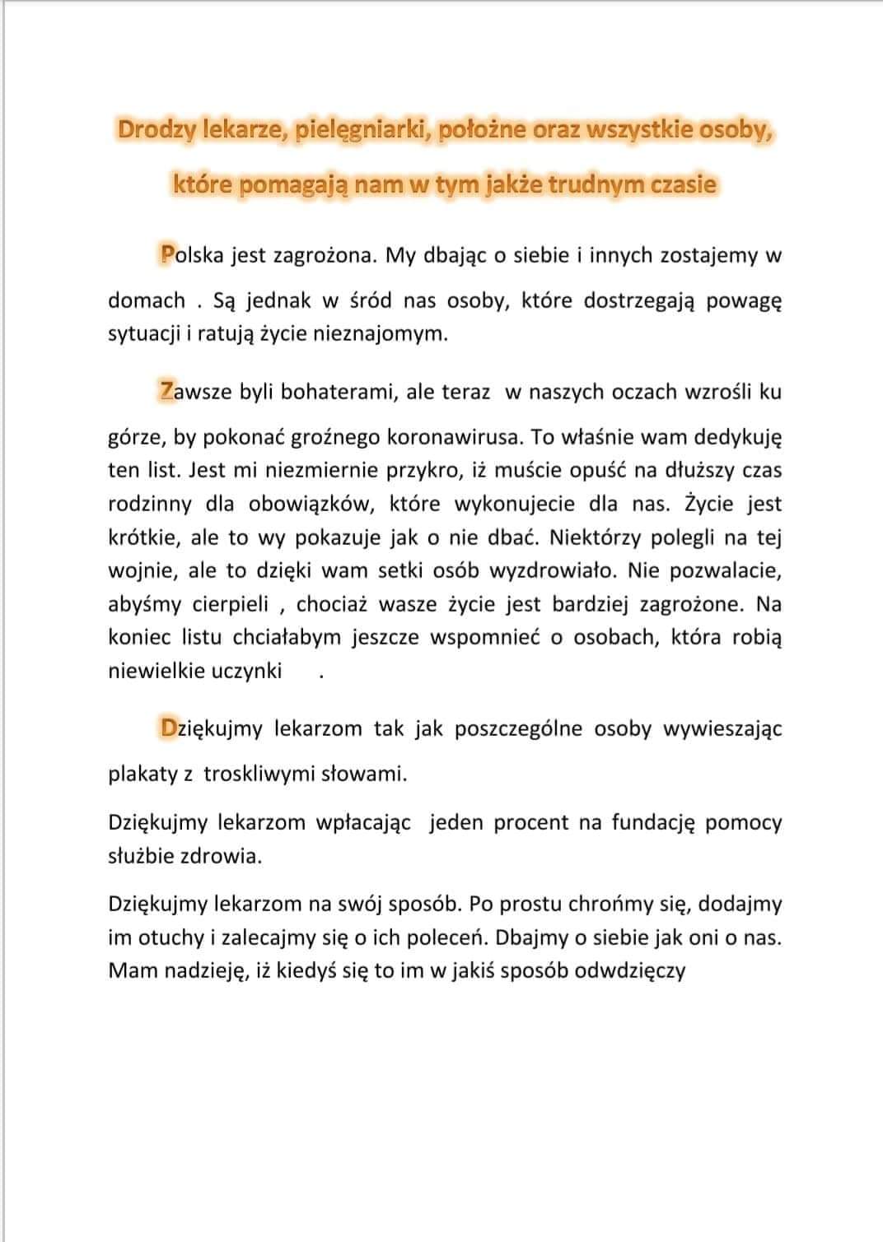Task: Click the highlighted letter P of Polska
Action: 167,255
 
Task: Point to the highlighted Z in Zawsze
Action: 167,391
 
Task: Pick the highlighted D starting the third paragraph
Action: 169,728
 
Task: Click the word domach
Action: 147,300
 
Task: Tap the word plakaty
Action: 143,774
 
